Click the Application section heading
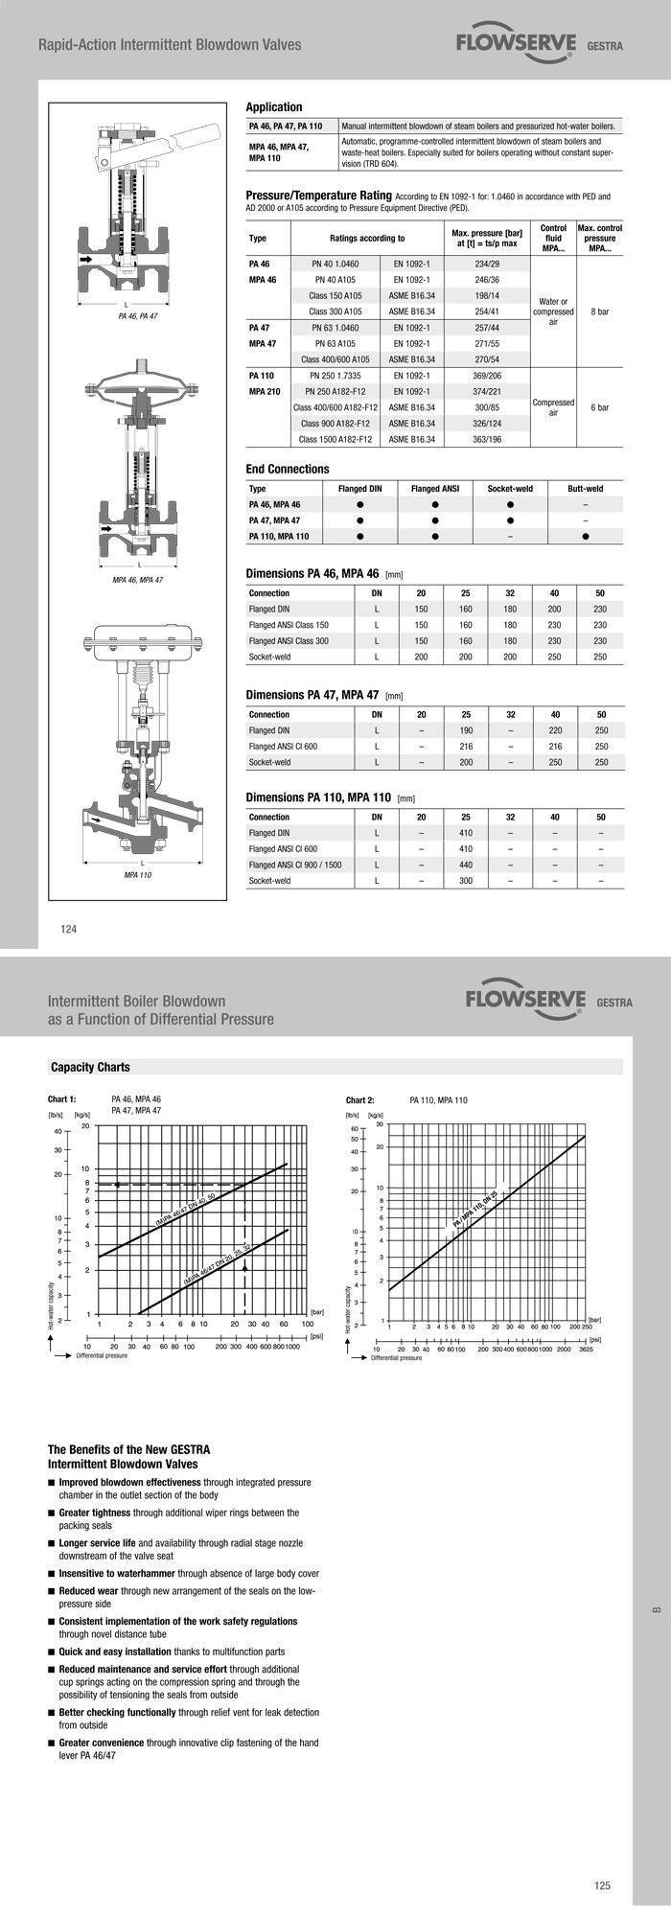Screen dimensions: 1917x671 [274, 107]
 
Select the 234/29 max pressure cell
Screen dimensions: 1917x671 [487, 263]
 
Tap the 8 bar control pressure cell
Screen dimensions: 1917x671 [599, 312]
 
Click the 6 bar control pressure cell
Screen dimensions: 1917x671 [599, 407]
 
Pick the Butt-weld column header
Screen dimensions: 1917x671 [585, 488]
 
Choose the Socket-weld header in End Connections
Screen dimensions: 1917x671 [510, 488]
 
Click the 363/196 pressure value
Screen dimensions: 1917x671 [487, 439]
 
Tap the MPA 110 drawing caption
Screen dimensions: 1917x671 [138, 875]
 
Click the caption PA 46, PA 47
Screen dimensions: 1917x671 [138, 314]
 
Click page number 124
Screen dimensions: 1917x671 [69, 928]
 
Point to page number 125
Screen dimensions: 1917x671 [602, 1886]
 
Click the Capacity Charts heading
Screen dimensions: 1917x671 [90, 1067]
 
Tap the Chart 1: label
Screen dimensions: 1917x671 [61, 1099]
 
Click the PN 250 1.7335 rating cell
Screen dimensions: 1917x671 [335, 376]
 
